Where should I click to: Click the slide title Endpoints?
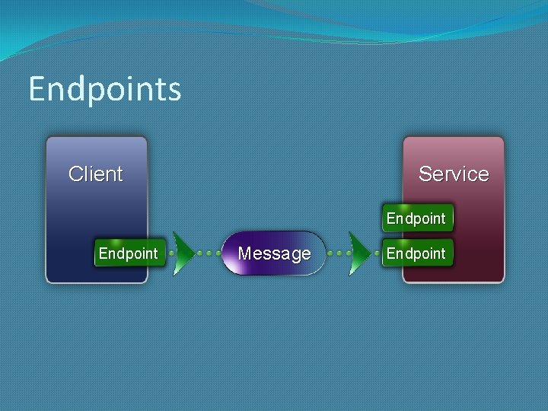click(105, 89)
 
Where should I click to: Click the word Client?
click(96, 174)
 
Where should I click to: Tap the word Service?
click(454, 174)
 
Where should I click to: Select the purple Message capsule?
click(274, 253)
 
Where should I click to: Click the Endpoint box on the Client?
click(129, 253)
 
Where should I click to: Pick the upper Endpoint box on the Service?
click(416, 218)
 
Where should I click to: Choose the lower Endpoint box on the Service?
click(416, 253)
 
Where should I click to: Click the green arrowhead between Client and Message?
click(183, 253)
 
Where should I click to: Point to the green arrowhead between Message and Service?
click(358, 253)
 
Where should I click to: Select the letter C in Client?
click(75, 174)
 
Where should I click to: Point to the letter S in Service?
click(425, 174)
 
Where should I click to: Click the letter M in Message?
click(246, 253)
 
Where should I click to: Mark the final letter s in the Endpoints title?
click(175, 91)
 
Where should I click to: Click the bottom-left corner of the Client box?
click(48, 281)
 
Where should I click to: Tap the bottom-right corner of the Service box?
click(502, 281)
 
